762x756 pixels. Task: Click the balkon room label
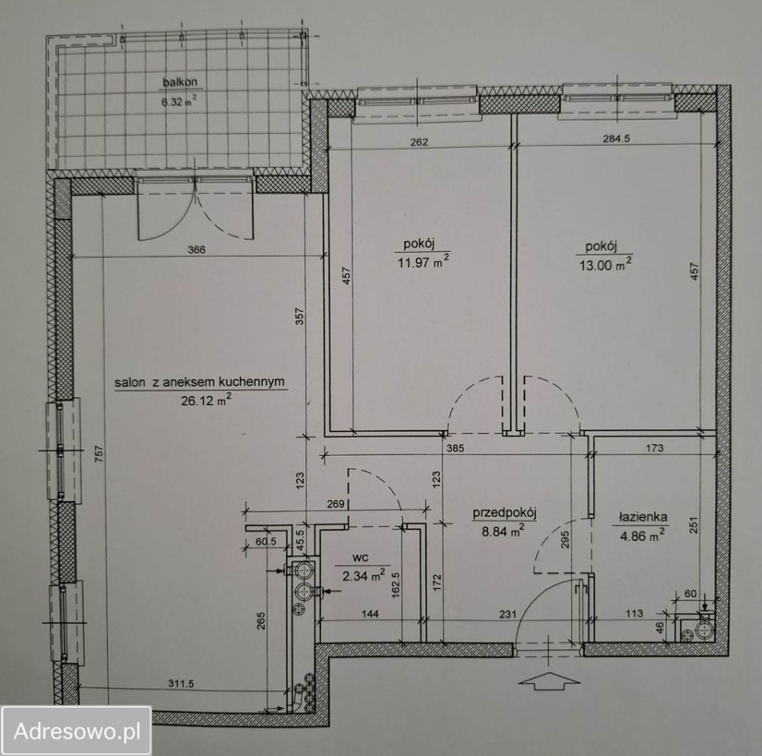(180, 82)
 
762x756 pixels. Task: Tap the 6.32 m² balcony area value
(179, 102)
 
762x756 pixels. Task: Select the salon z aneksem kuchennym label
(200, 382)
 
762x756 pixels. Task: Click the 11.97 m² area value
(424, 263)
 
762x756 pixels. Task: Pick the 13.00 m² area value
(605, 265)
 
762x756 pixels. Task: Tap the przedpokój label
(505, 513)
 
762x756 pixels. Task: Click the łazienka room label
(642, 517)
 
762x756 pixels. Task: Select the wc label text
(359, 558)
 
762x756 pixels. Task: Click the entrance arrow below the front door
(549, 680)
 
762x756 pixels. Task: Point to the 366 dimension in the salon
(197, 250)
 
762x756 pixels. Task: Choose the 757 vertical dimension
(98, 454)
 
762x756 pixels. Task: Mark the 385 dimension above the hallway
(454, 448)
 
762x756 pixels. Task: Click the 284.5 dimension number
(616, 138)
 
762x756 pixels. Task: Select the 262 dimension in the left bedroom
(419, 142)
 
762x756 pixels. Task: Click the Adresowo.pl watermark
(77, 731)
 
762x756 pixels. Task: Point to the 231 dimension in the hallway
(508, 614)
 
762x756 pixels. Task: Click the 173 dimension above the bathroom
(655, 447)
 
